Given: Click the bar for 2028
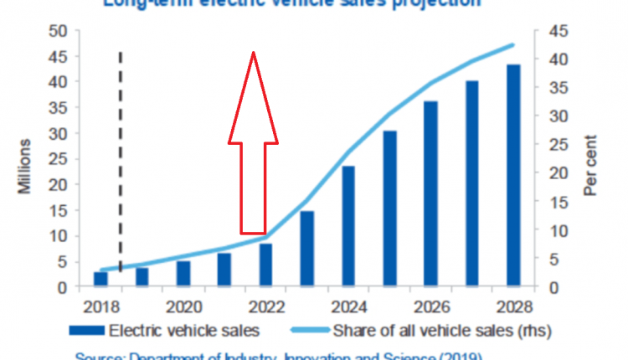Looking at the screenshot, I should click(x=512, y=176).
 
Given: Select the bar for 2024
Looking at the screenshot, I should click(x=348, y=226).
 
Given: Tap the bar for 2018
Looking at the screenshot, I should click(x=100, y=279).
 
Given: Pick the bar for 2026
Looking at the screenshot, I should click(x=430, y=193).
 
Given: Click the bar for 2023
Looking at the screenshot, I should click(x=307, y=249).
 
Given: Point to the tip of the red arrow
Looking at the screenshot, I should click(x=253, y=53).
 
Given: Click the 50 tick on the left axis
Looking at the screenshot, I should click(x=56, y=31).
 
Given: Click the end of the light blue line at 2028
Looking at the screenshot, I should click(x=512, y=45).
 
